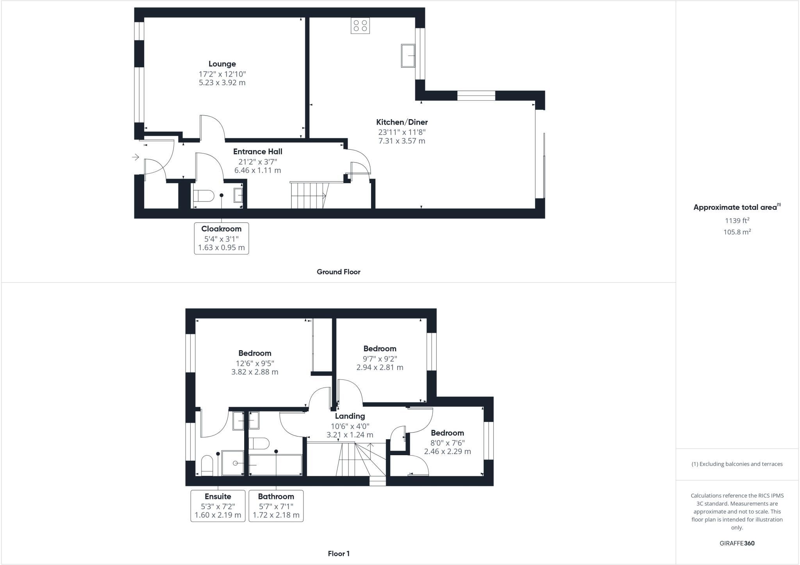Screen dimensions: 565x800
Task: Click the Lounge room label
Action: coord(222,64)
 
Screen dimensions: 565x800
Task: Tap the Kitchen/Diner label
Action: coord(402,122)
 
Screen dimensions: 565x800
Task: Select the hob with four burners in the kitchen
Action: coord(360,26)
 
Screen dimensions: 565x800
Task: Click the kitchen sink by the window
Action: coord(408,55)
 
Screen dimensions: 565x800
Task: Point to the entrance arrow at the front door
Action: coord(136,157)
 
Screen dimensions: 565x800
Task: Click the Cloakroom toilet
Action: coord(204,195)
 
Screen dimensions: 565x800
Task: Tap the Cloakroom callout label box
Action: coord(221,238)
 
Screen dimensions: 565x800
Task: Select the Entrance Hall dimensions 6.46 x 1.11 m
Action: coord(257,170)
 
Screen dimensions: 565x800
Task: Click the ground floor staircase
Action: coord(309,195)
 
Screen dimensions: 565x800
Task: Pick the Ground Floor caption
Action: coord(338,272)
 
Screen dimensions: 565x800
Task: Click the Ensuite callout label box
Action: coord(218,506)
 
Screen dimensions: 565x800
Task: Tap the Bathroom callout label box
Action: coord(276,506)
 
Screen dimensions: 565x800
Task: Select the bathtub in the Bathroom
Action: coord(275,465)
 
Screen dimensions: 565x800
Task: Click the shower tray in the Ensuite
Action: coord(233,463)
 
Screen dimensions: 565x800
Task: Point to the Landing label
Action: coord(350,416)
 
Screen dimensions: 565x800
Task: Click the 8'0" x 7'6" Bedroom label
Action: coord(447,433)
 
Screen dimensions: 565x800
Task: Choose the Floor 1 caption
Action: coord(338,554)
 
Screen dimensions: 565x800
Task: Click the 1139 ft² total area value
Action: coord(737,221)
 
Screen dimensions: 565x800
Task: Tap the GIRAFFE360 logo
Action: coord(737,543)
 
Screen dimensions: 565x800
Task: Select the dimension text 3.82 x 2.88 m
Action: coord(255,372)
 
